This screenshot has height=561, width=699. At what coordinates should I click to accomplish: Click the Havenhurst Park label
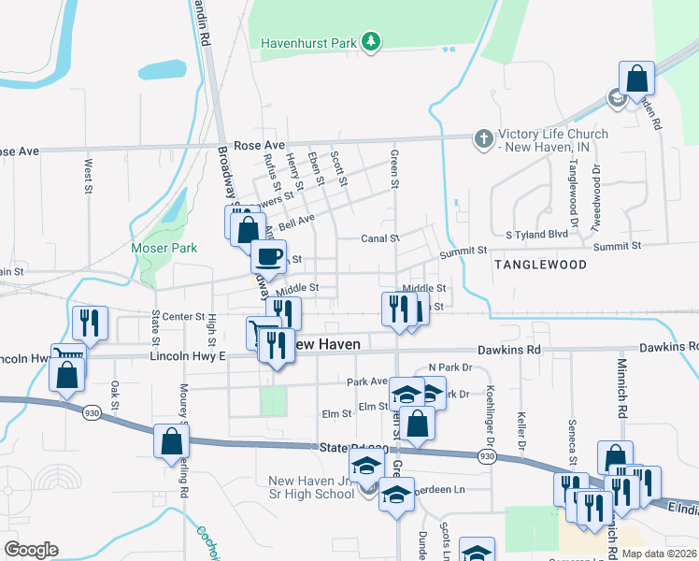[309, 43]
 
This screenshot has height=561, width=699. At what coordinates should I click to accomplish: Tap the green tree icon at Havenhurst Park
[372, 41]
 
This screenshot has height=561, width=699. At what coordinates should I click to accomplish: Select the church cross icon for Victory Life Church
[483, 140]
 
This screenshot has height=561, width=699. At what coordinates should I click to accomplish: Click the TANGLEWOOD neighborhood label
[540, 265]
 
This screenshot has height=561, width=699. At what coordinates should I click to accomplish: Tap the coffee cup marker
[269, 256]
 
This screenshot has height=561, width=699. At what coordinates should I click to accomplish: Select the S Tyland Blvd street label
[536, 235]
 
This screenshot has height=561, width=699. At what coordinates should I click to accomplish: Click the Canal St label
[381, 238]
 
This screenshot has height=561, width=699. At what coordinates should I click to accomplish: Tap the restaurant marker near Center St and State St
[90, 323]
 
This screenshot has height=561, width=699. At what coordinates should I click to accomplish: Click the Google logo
[32, 550]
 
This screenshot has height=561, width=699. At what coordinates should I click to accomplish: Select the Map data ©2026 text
[658, 554]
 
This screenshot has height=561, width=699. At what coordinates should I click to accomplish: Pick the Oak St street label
[115, 396]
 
